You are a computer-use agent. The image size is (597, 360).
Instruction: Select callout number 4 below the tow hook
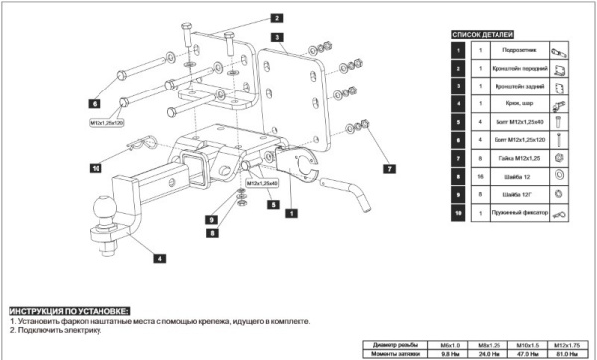(x=158, y=258)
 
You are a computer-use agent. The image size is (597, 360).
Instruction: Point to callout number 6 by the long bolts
(x=94, y=102)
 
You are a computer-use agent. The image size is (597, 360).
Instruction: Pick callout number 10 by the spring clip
(x=96, y=168)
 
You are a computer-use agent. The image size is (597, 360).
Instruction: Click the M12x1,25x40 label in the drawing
(x=261, y=184)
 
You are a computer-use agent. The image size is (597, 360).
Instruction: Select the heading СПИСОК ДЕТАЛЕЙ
(x=482, y=34)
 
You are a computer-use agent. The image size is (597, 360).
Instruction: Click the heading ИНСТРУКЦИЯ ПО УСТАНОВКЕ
(x=69, y=311)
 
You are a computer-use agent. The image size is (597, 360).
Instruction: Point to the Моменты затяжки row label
(x=392, y=352)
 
